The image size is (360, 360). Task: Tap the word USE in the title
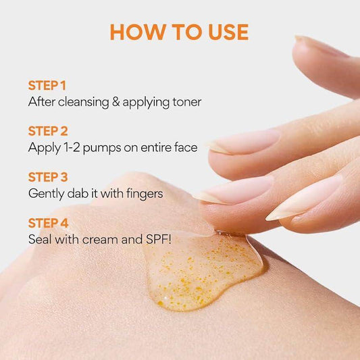coord(228,32)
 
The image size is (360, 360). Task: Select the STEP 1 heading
coord(47,85)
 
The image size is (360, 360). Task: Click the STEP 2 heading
coord(48,131)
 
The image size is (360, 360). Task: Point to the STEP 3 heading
coord(48,177)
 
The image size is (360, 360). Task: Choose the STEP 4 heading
coord(48,223)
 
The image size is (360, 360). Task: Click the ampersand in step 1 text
coord(116,102)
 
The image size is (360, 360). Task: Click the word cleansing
coord(84,103)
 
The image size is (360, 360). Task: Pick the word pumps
coord(102,149)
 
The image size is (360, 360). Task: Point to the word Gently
coord(46,194)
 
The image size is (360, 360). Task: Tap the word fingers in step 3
coord(145,194)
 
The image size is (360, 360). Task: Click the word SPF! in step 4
coord(159,240)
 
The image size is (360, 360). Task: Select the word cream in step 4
coord(100,240)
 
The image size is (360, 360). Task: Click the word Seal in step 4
coord(40,240)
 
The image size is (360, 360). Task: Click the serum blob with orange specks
coord(202,271)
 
